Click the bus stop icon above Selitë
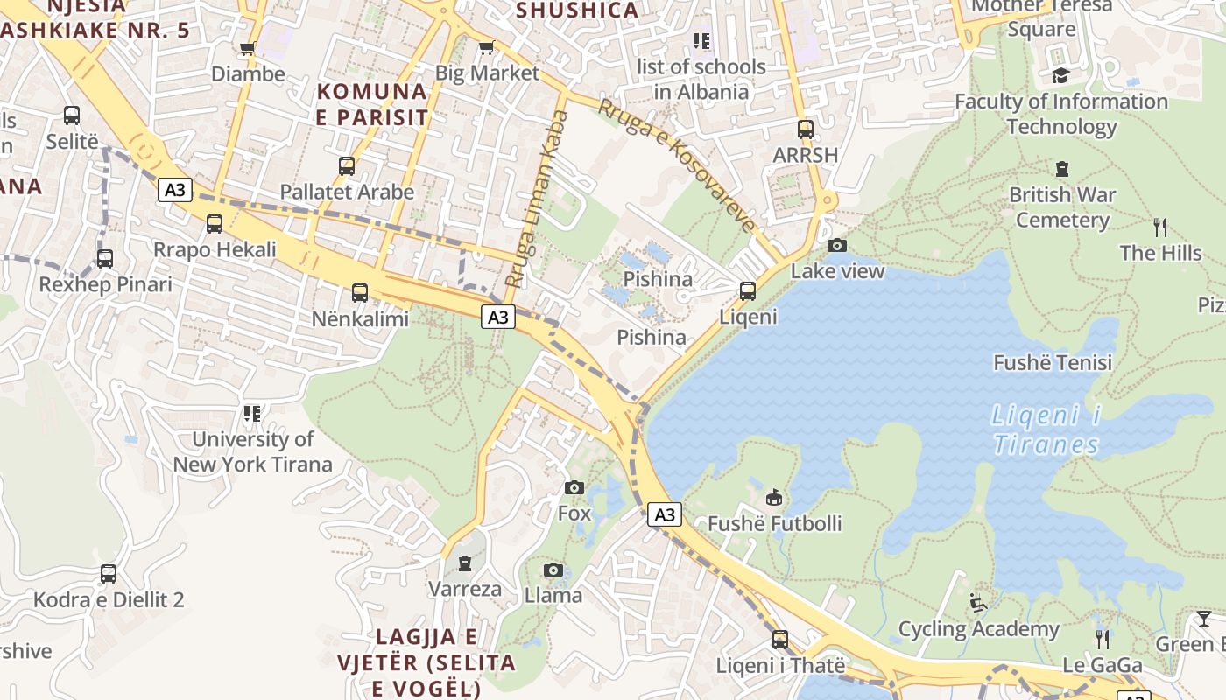pyautogui.click(x=72, y=115)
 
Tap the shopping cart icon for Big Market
pyautogui.click(x=486, y=48)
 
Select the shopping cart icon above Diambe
pyautogui.click(x=248, y=49)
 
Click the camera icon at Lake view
pyautogui.click(x=837, y=246)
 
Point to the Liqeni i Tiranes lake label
pyautogui.click(x=1046, y=430)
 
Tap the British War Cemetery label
pyautogui.click(x=1061, y=206)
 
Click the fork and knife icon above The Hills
pyautogui.click(x=1160, y=227)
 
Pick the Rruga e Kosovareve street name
pyautogui.click(x=677, y=165)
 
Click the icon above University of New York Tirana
pyautogui.click(x=252, y=413)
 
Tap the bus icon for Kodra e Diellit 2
pyautogui.click(x=109, y=574)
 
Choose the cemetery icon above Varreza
pyautogui.click(x=465, y=563)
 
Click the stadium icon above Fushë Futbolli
pyautogui.click(x=774, y=498)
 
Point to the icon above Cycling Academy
pyautogui.click(x=978, y=603)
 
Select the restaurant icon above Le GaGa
pyautogui.click(x=1102, y=640)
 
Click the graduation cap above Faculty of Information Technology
pyautogui.click(x=1060, y=76)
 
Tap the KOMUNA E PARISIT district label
pyautogui.click(x=372, y=104)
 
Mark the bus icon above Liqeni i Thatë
pyautogui.click(x=780, y=640)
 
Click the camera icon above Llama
pyautogui.click(x=553, y=570)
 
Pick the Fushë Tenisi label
pyautogui.click(x=1053, y=362)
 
